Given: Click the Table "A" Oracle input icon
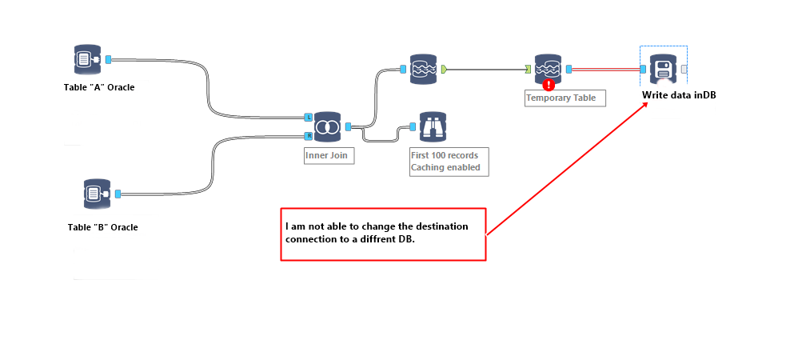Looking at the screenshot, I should click(x=86, y=60).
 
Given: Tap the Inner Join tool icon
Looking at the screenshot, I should click(x=327, y=126).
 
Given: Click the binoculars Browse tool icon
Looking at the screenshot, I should click(x=433, y=126).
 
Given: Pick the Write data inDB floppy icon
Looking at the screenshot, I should click(x=663, y=70).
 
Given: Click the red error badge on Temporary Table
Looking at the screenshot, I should click(x=549, y=83).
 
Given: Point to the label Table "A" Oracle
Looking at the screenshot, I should click(x=99, y=87).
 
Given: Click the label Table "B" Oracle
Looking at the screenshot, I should click(x=102, y=227).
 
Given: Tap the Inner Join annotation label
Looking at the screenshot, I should click(x=326, y=155).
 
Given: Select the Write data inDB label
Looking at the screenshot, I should click(x=679, y=95).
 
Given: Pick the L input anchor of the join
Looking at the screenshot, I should click(x=309, y=118).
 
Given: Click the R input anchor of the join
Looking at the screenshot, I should click(x=309, y=136).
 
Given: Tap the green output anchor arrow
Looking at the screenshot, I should click(x=443, y=70).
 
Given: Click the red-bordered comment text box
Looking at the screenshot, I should click(x=383, y=234).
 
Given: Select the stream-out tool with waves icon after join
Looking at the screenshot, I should click(x=424, y=69).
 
